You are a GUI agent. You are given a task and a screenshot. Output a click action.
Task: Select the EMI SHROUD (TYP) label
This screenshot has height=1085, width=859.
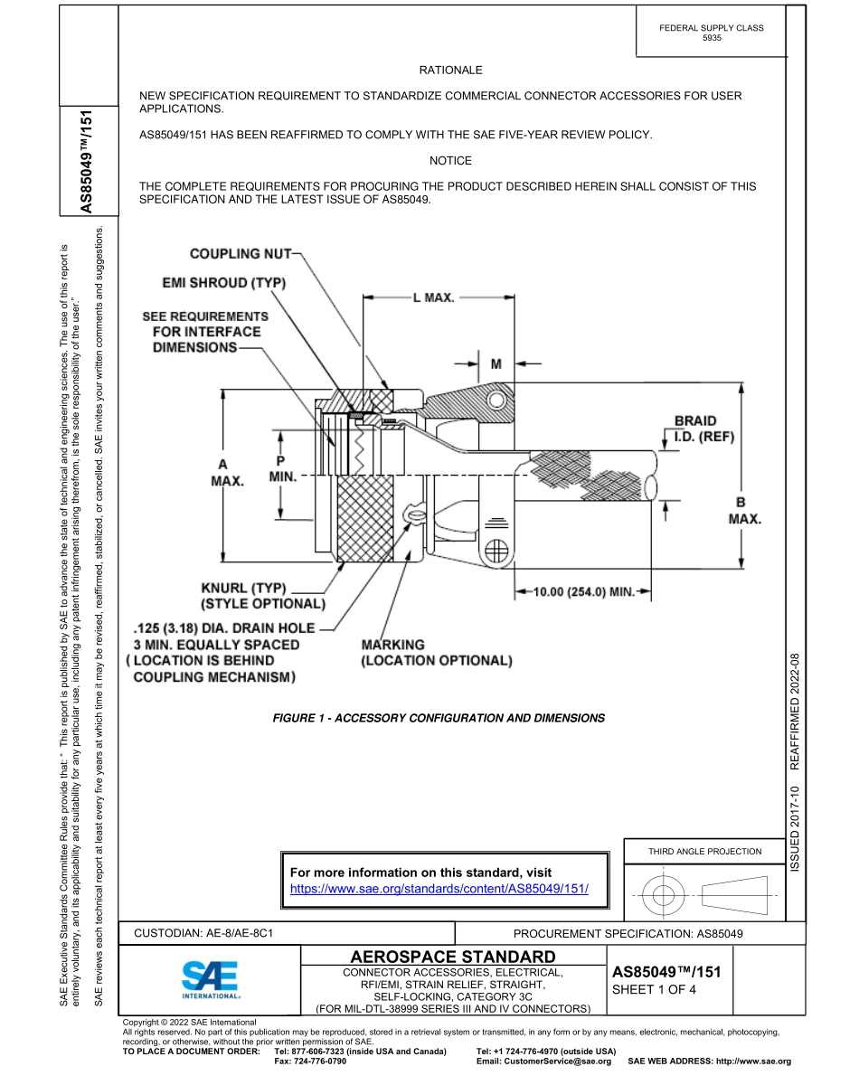[224, 283]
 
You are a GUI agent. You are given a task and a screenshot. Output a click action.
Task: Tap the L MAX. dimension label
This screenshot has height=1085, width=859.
[433, 297]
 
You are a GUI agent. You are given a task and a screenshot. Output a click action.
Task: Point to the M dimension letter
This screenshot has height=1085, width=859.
[496, 363]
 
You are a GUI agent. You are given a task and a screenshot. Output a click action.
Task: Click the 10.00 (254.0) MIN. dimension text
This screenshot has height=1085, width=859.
[582, 592]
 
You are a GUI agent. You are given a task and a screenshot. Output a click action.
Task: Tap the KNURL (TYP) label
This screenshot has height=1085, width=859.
[261, 596]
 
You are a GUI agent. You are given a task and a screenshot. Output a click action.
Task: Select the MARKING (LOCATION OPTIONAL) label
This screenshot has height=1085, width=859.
[436, 653]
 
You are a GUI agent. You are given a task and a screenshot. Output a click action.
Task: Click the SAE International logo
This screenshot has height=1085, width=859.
[210, 979]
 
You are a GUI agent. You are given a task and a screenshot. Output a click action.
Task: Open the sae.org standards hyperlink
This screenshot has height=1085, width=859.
[439, 889]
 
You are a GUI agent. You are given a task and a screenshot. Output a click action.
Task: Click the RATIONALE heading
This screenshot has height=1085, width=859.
[450, 70]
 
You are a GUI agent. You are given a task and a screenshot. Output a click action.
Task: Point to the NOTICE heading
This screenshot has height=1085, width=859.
[450, 161]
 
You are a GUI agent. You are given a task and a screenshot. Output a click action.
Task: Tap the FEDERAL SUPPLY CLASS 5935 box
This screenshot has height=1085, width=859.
[711, 33]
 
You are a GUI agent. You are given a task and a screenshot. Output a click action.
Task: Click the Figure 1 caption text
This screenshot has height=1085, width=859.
[439, 718]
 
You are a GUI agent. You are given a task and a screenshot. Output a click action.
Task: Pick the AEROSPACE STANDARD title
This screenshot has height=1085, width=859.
[452, 957]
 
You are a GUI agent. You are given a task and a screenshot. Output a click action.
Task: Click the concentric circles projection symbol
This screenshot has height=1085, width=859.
[664, 896]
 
